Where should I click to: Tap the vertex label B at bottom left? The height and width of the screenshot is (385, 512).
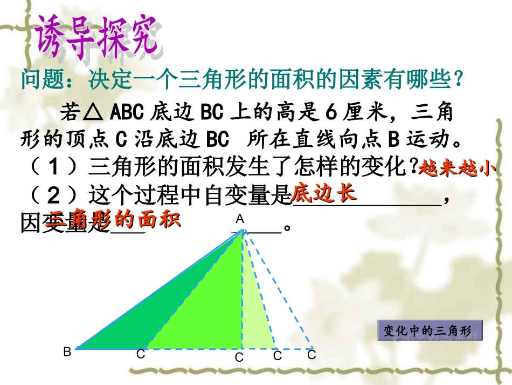[x=67, y=352]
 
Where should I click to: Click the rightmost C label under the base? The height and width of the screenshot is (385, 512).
[x=311, y=355]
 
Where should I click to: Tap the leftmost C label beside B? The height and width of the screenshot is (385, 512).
[x=140, y=354]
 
